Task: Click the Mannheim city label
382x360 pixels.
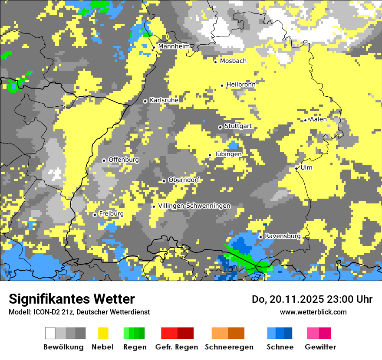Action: click(x=174, y=46)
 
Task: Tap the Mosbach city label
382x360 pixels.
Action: click(x=233, y=61)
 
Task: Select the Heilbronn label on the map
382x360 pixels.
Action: click(x=241, y=85)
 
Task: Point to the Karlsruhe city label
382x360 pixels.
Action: click(x=164, y=100)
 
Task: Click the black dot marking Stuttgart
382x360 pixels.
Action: click(x=220, y=127)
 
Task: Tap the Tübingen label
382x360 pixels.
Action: click(x=228, y=154)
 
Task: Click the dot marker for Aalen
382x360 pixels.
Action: click(x=306, y=120)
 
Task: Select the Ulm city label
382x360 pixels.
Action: click(x=306, y=167)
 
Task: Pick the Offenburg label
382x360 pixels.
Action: click(x=124, y=160)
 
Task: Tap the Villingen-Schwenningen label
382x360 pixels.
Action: click(x=194, y=206)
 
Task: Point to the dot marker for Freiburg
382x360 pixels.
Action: click(x=95, y=215)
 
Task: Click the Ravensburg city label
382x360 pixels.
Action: click(x=283, y=236)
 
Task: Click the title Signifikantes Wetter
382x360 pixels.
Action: click(x=72, y=299)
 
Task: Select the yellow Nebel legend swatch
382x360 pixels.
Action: click(x=103, y=333)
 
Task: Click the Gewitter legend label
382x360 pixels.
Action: click(x=320, y=347)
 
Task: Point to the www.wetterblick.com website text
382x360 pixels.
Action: click(x=313, y=312)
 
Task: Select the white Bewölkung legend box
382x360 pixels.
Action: click(x=50, y=333)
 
